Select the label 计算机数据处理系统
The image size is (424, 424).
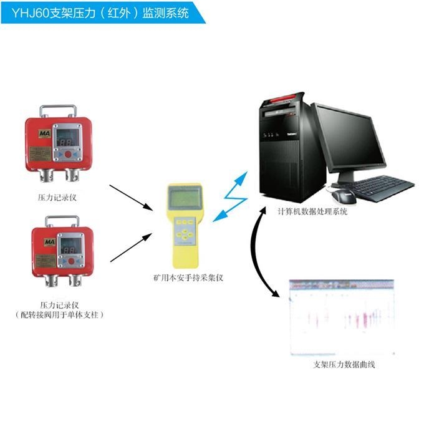pyautogui.click(x=312, y=212)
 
